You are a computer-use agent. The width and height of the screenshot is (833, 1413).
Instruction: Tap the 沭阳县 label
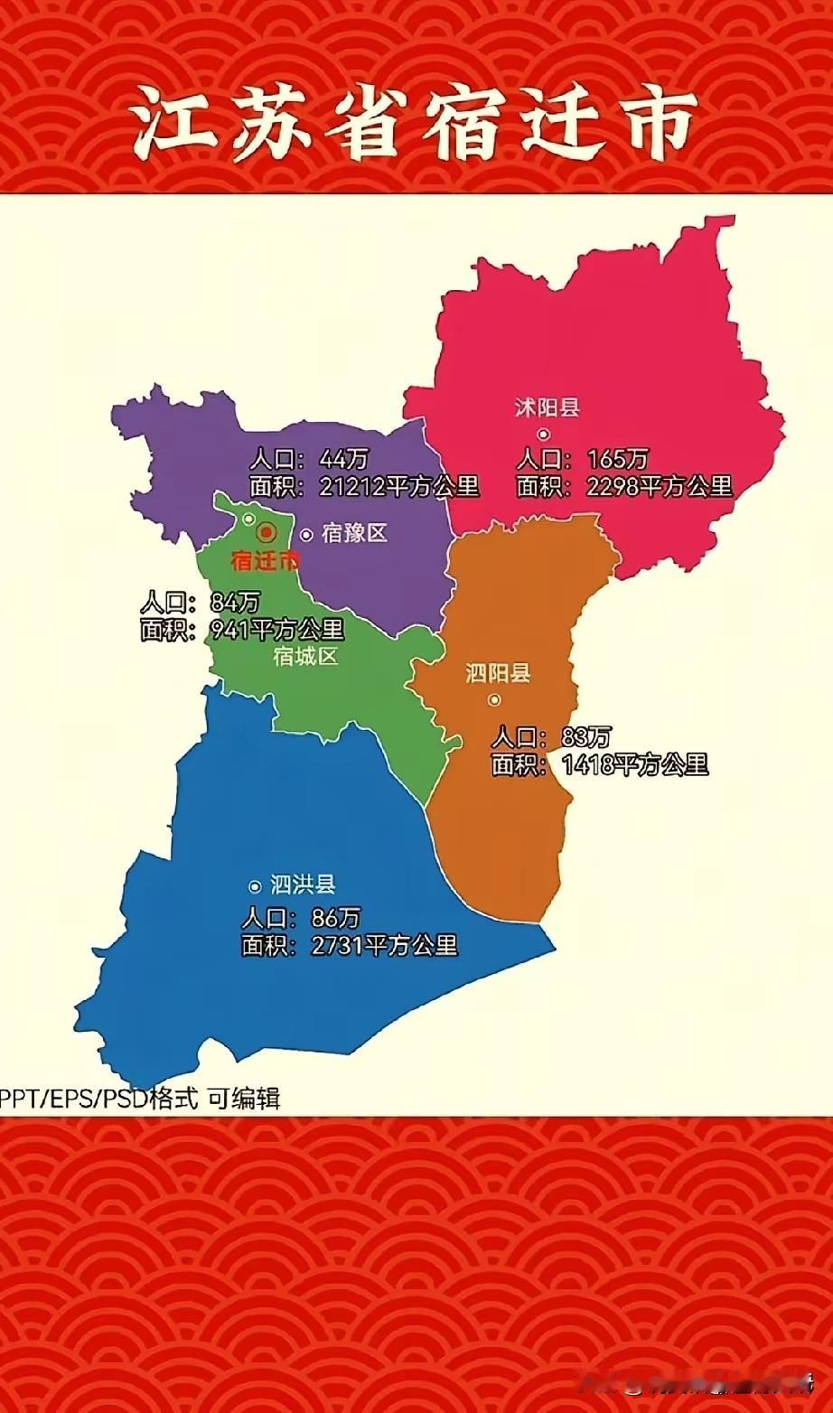pos(547,407)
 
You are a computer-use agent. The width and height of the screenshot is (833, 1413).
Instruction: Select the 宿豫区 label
pos(354,533)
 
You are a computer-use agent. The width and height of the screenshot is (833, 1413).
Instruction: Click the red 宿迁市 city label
pos(265,561)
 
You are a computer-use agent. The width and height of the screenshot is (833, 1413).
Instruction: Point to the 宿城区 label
pos(305,657)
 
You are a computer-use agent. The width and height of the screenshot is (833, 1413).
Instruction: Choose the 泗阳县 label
pos(498,673)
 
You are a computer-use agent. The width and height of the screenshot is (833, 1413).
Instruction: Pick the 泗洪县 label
pos(303,885)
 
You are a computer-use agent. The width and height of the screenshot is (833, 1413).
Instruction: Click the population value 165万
pos(618,459)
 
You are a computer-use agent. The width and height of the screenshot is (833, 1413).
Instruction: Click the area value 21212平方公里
pos(398,486)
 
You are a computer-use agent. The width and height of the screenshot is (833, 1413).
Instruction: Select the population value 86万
pos(335,919)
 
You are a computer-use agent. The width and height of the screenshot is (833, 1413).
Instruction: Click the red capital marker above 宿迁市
pos(266,532)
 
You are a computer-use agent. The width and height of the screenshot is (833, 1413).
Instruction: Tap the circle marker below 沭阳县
pos(544,435)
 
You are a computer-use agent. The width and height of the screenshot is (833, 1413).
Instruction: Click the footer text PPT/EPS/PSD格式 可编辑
pos(140,1098)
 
